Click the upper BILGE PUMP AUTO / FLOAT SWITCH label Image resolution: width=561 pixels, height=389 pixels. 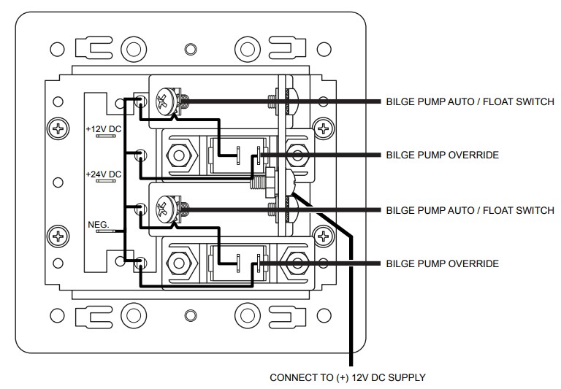click(470, 101)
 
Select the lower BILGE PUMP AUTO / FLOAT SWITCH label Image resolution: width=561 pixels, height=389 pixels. click(470, 211)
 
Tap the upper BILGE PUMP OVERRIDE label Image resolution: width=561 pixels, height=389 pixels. click(442, 155)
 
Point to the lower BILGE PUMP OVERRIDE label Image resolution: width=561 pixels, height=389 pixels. click(442, 263)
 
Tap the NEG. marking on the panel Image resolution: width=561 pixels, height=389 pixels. click(99, 226)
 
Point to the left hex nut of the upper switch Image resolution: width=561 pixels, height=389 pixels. click(178, 155)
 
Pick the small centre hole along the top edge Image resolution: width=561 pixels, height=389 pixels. click(191, 50)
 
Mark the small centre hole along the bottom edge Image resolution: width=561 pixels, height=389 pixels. click(191, 316)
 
